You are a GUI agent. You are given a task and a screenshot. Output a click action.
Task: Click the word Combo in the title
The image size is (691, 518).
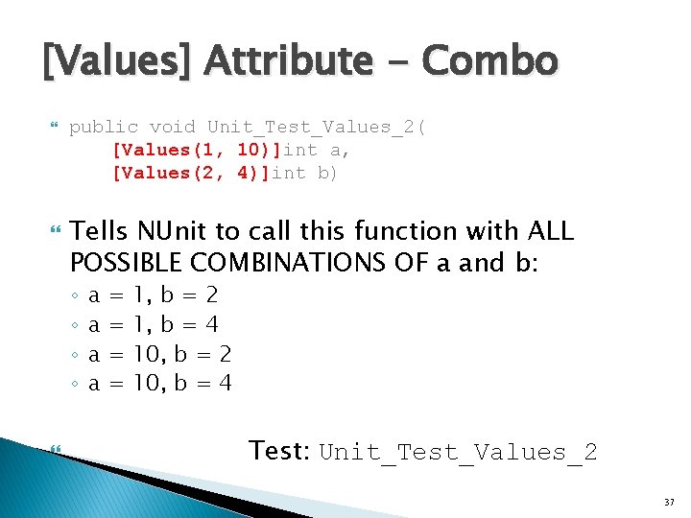pos(489,61)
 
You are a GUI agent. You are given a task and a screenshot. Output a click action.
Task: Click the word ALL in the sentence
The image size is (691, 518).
pos(549,232)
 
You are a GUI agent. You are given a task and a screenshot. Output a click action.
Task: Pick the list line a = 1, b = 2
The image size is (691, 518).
pos(154,295)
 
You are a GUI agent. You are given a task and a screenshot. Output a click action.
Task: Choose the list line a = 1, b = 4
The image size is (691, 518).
pos(154,324)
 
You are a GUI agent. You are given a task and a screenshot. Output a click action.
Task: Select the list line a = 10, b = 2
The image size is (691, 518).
pos(160,354)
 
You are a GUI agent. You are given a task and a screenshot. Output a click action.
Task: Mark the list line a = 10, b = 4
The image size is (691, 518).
pos(160,384)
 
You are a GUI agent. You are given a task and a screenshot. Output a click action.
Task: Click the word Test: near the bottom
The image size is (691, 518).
pos(279,450)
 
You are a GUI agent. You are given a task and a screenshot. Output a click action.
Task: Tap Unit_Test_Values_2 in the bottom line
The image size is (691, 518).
pos(458,452)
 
